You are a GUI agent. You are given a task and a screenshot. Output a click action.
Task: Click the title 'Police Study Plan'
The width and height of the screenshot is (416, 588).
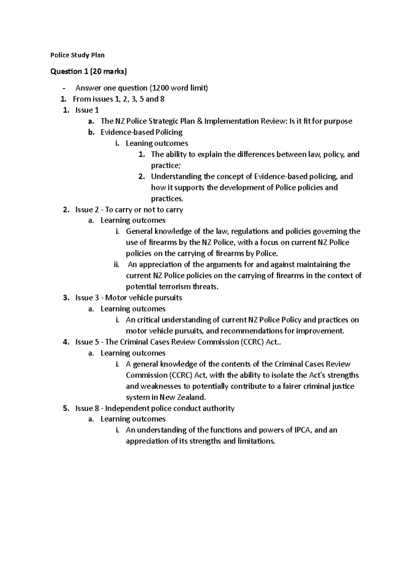[x=77, y=55]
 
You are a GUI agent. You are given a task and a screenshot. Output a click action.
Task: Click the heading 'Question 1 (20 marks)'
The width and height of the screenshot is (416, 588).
[x=89, y=72]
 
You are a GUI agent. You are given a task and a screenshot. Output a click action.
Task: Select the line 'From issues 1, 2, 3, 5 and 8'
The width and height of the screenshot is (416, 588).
[x=119, y=99]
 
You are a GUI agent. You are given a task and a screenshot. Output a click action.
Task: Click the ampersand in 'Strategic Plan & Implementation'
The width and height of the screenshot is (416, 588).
[x=196, y=121]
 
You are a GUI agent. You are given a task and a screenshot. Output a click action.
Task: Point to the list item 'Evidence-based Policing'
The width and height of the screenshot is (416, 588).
[x=141, y=132]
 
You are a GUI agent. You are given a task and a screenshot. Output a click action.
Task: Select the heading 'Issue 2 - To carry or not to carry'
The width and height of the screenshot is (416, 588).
[x=129, y=210]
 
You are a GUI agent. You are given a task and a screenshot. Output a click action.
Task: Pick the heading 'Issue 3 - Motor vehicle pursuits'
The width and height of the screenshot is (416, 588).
[x=129, y=298]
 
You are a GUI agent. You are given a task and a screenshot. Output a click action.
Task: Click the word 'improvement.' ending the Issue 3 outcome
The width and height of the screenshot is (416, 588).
[x=322, y=331]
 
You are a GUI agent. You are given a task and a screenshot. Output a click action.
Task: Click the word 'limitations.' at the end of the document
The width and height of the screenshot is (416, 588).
[x=256, y=442]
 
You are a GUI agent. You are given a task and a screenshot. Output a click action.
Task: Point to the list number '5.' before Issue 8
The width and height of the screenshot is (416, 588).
[x=66, y=409]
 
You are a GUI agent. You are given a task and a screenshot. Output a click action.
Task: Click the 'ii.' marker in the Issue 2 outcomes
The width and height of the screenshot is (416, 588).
[x=116, y=265]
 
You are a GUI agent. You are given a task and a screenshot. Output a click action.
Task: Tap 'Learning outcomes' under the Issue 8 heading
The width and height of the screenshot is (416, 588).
[x=133, y=419]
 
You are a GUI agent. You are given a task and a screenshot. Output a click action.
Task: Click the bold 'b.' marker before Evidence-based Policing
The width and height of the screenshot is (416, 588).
[x=91, y=132]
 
